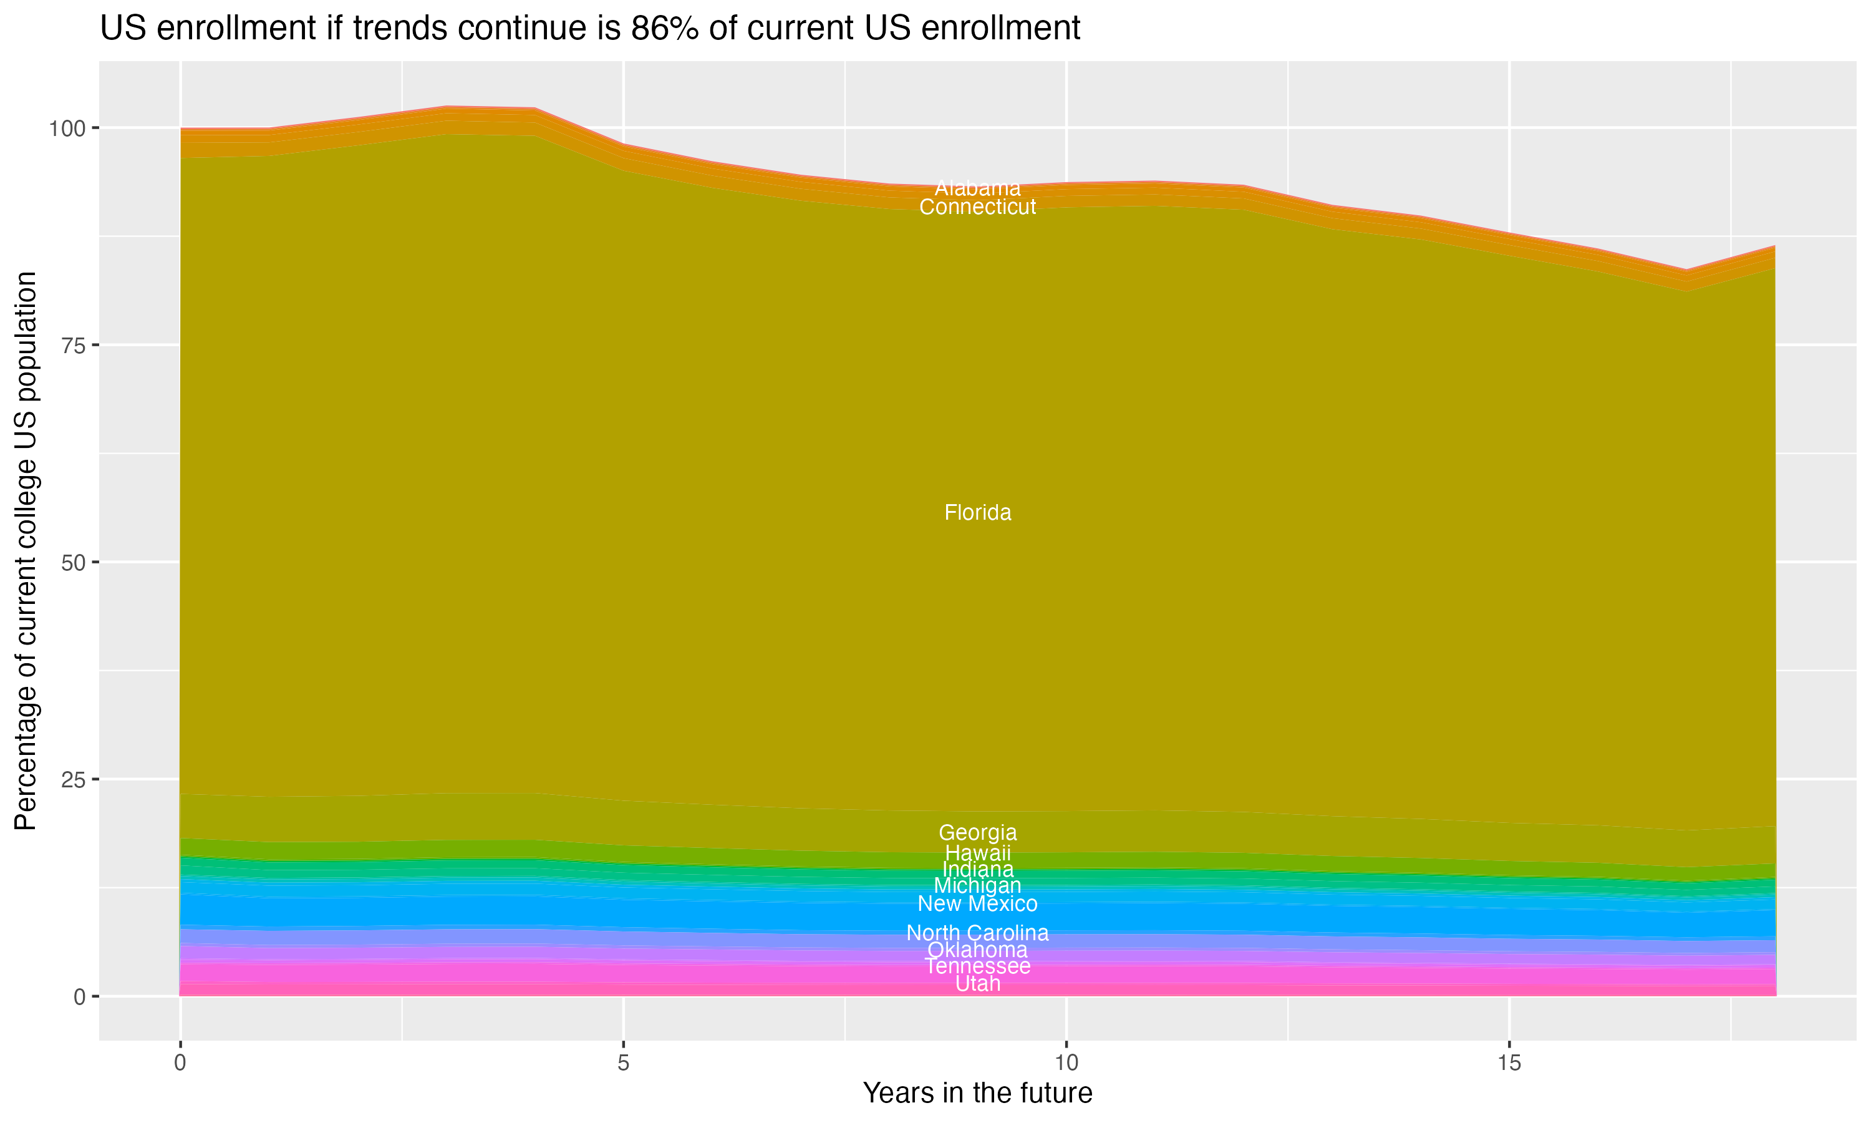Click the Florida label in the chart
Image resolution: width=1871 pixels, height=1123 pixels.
[977, 513]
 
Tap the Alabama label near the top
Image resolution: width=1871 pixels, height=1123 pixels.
[977, 188]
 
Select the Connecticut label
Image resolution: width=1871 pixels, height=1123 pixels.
[977, 207]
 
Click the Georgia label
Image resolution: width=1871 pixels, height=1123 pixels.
[977, 832]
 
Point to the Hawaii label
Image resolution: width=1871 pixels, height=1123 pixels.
[977, 853]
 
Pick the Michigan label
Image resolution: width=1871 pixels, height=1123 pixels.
[977, 885]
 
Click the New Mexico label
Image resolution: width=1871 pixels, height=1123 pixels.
[977, 903]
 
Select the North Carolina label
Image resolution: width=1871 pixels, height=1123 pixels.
[977, 933]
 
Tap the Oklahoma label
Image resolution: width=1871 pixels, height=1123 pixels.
[977, 950]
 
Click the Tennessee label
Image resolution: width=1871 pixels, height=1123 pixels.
[977, 966]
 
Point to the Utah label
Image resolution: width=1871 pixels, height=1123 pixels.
[977, 984]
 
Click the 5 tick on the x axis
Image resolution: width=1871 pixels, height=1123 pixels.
[623, 1063]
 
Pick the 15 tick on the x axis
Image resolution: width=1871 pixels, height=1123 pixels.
[1509, 1063]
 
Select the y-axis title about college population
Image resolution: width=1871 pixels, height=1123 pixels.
[26, 551]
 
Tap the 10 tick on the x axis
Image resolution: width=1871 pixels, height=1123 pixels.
[1066, 1063]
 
